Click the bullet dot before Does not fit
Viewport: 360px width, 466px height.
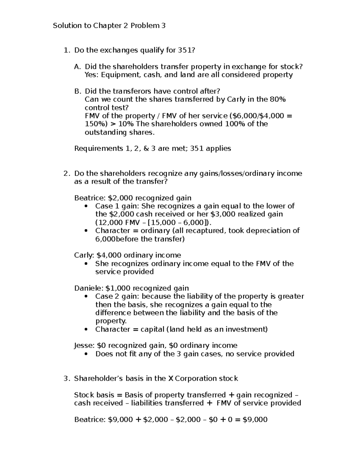tap(86, 354)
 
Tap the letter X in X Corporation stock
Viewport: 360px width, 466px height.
tap(171, 379)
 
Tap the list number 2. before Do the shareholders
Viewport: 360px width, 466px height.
tap(67, 173)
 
